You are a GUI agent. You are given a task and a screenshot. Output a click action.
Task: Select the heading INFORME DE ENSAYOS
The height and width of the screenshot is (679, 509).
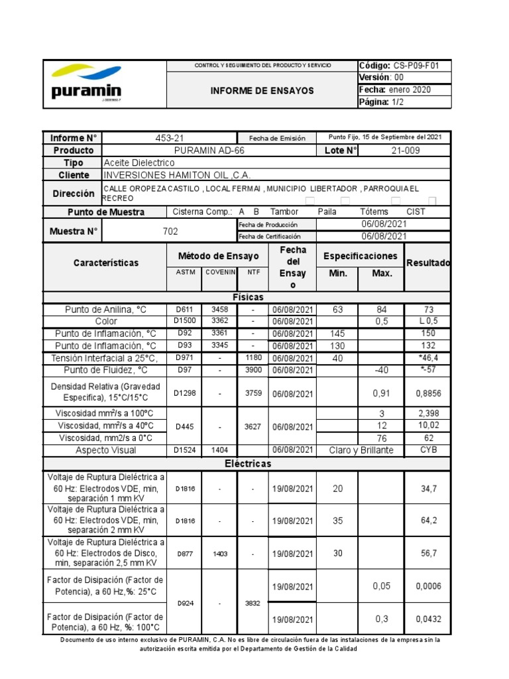[262, 91]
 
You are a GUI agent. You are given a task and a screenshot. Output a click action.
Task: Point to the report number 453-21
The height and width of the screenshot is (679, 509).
[169, 138]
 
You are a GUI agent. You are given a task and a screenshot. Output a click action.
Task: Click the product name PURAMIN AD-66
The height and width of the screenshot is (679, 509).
[209, 151]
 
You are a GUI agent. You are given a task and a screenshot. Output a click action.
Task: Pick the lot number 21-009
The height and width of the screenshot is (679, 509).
[406, 151]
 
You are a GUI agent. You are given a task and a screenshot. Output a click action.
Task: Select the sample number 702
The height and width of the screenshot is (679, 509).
[170, 231]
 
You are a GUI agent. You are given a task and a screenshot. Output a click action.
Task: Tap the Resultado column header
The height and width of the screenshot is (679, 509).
[427, 263]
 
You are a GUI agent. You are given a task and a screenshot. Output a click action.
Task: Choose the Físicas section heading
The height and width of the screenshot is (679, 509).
[248, 297]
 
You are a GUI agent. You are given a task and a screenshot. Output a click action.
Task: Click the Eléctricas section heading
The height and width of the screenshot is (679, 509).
[248, 463]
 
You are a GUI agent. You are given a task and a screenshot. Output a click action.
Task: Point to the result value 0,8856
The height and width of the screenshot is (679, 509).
[428, 393]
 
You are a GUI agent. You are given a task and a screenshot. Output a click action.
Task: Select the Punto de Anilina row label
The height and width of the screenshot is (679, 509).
[105, 310]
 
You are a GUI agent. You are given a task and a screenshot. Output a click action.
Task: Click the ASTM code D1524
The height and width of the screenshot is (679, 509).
[186, 450]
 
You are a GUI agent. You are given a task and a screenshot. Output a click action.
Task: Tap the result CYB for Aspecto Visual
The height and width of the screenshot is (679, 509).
[428, 450]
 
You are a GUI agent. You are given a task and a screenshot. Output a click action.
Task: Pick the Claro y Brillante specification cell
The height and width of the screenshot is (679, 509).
[361, 450]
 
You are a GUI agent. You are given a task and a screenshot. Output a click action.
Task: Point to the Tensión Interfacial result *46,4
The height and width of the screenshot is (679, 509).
[428, 358]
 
